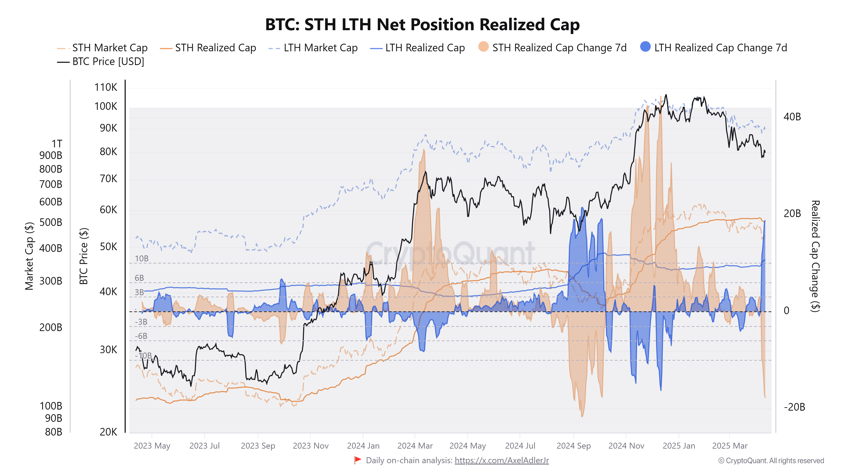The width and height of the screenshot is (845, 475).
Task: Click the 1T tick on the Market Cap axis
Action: click(57, 144)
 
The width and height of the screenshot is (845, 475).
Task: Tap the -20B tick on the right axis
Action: click(794, 407)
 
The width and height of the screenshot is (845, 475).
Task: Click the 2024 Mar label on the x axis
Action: click(415, 446)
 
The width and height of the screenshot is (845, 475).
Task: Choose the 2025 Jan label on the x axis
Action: click(679, 446)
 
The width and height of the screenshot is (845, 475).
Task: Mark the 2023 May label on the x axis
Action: click(152, 446)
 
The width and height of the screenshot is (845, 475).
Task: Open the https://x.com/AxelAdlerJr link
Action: click(502, 461)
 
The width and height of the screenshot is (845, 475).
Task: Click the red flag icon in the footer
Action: click(357, 460)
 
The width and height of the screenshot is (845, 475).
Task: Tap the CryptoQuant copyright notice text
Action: click(771, 461)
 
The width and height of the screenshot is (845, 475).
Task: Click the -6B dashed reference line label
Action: click(141, 336)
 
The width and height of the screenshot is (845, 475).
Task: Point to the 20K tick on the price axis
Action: click(108, 432)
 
